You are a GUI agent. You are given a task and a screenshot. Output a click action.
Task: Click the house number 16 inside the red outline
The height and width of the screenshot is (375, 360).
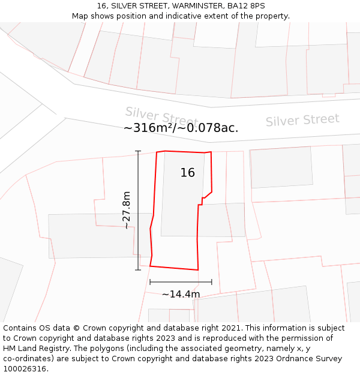click(x=187, y=173)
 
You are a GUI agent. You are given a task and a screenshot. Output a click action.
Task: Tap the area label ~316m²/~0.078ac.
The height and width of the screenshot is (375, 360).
click(x=181, y=128)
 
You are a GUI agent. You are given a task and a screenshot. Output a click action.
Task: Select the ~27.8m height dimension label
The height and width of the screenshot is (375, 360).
click(x=127, y=208)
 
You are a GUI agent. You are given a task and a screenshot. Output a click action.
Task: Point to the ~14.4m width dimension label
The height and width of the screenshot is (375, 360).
click(x=181, y=294)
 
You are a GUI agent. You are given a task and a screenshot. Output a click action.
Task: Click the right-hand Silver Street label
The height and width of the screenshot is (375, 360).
click(x=302, y=120)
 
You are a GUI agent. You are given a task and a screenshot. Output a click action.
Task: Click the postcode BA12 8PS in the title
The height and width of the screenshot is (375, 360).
click(x=246, y=6)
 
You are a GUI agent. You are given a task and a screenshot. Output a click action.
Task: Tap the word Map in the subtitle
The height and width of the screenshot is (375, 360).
click(x=80, y=16)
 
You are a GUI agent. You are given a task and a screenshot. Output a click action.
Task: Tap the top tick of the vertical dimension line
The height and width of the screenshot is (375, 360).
click(x=138, y=151)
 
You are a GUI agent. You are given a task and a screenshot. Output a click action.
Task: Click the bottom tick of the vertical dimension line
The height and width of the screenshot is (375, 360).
click(x=138, y=269)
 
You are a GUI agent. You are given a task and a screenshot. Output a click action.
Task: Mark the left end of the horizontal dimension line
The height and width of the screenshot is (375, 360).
click(x=150, y=281)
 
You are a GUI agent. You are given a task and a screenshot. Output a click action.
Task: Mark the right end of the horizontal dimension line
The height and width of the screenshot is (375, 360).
click(x=212, y=281)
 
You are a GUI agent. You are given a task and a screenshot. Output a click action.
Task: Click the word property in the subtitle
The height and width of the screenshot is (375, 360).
click(x=271, y=16)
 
